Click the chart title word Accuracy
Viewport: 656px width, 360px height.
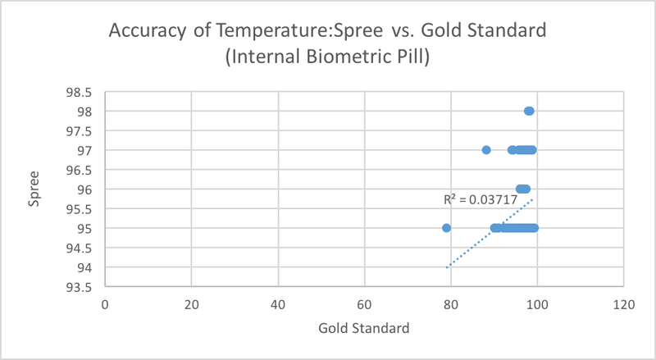coord(145,33)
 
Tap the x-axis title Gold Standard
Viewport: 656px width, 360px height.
coord(364,329)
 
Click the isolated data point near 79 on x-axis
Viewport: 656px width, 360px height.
coord(446,228)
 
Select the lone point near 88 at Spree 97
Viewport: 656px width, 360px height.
coord(486,150)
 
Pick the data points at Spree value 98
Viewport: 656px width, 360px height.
coord(529,111)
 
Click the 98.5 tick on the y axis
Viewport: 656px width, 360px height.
coord(81,92)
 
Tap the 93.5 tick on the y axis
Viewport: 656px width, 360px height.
coord(81,287)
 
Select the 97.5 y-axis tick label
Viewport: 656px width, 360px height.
coord(81,131)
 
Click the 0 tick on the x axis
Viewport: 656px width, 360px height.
coord(105,304)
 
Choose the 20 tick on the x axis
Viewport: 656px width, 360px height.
coord(191,304)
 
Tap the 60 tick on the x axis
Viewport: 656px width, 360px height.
coord(364,304)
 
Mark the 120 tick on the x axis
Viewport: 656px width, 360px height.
coord(623,304)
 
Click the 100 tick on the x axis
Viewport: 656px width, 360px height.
coord(537,304)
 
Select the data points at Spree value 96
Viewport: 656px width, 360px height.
coord(522,189)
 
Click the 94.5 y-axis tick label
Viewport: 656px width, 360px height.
coord(81,248)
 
